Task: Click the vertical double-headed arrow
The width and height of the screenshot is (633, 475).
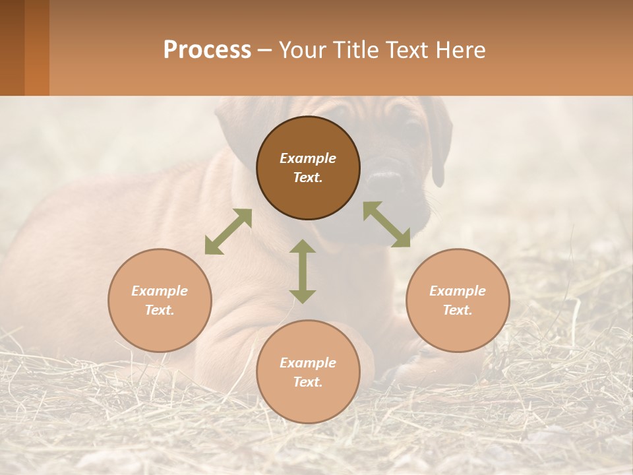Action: point(303,271)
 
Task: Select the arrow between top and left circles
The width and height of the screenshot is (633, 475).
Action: point(228,232)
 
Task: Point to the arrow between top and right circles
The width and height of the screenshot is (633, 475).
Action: point(386,224)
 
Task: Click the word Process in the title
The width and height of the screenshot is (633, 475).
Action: point(207,49)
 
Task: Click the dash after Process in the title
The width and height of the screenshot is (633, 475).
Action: point(265,50)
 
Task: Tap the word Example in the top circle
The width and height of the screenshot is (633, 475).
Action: point(308,158)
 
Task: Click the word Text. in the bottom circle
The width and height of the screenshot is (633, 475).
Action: point(308,382)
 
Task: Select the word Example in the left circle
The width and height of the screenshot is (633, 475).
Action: point(160,291)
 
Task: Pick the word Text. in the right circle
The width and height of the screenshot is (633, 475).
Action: point(458,310)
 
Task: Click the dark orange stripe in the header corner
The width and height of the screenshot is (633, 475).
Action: point(36,47)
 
